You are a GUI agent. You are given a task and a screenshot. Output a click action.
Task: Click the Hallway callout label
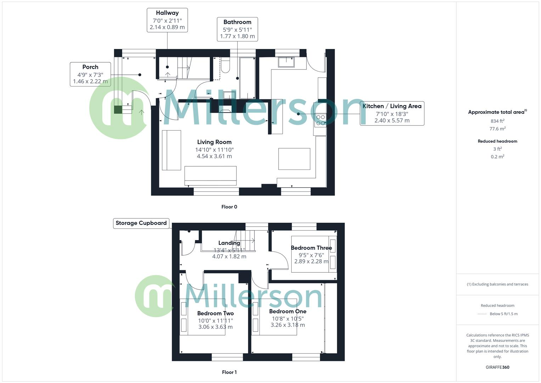pyautogui.click(x=167, y=20)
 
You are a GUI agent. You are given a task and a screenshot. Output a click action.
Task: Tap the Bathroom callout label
pyautogui.click(x=237, y=29)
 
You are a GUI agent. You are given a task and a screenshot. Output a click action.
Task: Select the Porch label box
pyautogui.click(x=90, y=74)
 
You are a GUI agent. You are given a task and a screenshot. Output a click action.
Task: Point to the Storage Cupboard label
pyautogui.click(x=141, y=223)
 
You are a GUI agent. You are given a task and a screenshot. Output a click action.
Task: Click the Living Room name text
pyautogui.click(x=214, y=142)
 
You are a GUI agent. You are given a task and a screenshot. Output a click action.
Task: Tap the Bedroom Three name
pyautogui.click(x=311, y=248)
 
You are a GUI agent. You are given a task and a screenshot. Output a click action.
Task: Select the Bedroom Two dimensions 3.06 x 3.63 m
pyautogui.click(x=215, y=327)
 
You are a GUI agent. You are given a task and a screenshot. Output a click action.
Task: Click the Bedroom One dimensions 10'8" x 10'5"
pyautogui.click(x=288, y=318)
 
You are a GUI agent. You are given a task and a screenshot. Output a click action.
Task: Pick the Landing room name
pyautogui.click(x=229, y=243)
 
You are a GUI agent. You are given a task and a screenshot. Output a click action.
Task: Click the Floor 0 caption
pyautogui.click(x=229, y=207)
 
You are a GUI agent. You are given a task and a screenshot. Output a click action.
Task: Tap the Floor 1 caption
pyautogui.click(x=229, y=372)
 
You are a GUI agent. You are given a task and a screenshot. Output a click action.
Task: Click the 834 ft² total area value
pyautogui.click(x=497, y=121)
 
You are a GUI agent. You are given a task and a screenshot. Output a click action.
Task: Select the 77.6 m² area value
pyautogui.click(x=497, y=129)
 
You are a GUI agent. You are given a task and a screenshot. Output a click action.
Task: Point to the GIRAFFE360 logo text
pyautogui.click(x=497, y=367)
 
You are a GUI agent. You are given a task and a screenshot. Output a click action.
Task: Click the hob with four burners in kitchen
pyautogui.click(x=321, y=120)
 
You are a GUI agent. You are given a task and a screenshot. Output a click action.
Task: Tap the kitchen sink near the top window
pyautogui.click(x=286, y=62)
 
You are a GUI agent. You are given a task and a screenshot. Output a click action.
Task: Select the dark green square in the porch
pyautogui.click(x=118, y=109)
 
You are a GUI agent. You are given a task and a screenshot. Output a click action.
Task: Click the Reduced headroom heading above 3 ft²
pyautogui.click(x=497, y=141)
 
